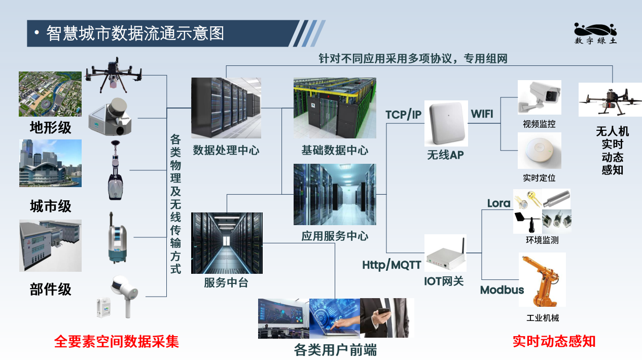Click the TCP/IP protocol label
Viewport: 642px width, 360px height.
click(x=403, y=115)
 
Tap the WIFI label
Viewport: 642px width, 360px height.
click(x=482, y=114)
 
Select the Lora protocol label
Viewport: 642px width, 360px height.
click(x=498, y=203)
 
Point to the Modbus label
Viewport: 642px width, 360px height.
click(x=502, y=290)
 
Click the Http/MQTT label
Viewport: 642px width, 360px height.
click(x=391, y=265)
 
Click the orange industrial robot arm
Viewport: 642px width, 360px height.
click(x=542, y=280)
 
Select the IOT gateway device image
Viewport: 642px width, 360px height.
click(x=445, y=253)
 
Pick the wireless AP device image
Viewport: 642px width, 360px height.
click(x=446, y=124)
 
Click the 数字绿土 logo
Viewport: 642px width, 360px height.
click(x=595, y=33)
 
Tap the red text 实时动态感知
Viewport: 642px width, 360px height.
click(x=554, y=341)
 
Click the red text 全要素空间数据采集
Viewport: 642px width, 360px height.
click(x=116, y=341)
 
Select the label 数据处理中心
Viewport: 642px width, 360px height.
click(x=226, y=150)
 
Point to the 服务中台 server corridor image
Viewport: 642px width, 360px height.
click(x=227, y=243)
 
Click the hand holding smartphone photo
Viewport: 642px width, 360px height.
click(x=387, y=318)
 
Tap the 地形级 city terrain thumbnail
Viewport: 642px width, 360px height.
click(x=50, y=94)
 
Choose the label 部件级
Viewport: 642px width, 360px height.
click(x=50, y=289)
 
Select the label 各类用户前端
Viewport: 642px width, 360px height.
click(x=335, y=350)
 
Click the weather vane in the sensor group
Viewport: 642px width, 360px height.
click(x=527, y=222)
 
